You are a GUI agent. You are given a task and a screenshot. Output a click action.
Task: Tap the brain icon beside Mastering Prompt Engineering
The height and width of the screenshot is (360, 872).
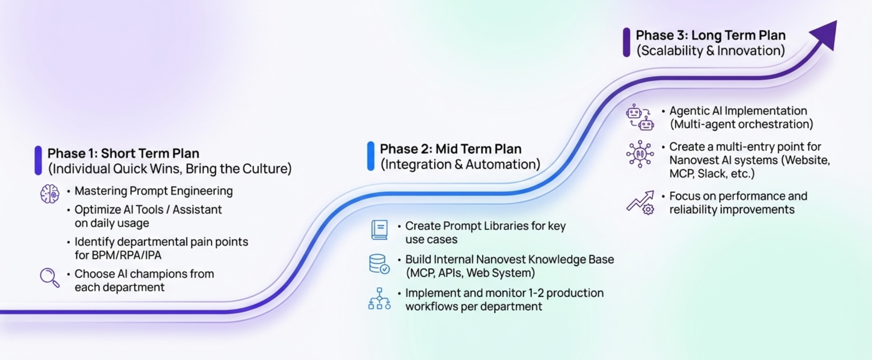[50, 194]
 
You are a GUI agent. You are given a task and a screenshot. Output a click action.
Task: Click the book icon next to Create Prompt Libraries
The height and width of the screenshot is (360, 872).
[379, 230]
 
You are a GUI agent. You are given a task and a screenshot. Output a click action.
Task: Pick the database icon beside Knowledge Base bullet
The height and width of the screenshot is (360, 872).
[379, 264]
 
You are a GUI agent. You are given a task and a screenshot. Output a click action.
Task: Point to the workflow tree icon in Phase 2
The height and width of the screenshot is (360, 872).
[379, 299]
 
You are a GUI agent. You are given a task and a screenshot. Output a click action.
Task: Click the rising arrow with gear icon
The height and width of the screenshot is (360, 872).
[641, 202]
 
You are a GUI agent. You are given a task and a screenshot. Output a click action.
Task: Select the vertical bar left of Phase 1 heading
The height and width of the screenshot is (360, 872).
[38, 161]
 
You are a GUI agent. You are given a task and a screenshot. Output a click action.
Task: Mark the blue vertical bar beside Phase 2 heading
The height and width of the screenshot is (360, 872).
[371, 156]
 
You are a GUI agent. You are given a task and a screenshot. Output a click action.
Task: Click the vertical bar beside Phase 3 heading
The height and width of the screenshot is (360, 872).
[626, 42]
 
